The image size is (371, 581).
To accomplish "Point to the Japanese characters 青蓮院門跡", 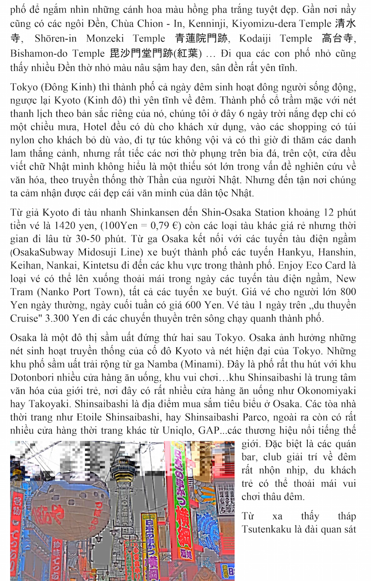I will tap(203, 38).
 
